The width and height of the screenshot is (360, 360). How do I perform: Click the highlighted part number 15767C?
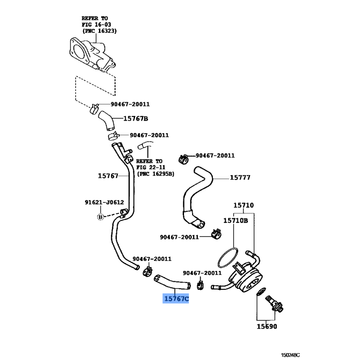click(176, 298)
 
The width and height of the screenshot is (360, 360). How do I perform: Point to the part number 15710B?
click(235, 220)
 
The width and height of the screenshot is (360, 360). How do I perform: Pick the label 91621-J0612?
click(104, 202)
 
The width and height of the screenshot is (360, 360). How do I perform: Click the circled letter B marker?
click(101, 217)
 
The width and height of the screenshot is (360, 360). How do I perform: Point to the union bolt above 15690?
click(274, 302)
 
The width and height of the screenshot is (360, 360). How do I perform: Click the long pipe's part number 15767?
click(108, 176)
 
